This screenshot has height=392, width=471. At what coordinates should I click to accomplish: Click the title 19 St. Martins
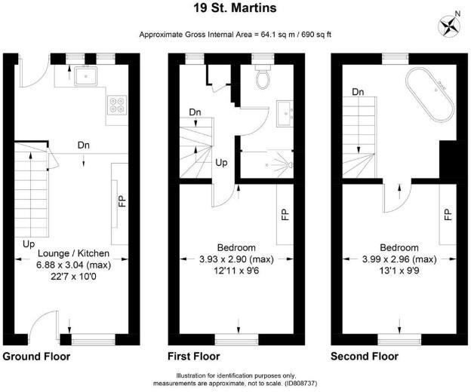click(235, 9)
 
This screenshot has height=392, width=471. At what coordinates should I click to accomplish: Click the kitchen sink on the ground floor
click(85, 75)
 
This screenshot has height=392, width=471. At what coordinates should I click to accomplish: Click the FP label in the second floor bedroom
click(447, 214)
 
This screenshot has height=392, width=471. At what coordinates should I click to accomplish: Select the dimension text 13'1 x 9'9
click(399, 270)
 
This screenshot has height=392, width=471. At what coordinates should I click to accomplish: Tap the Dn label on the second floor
click(358, 92)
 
